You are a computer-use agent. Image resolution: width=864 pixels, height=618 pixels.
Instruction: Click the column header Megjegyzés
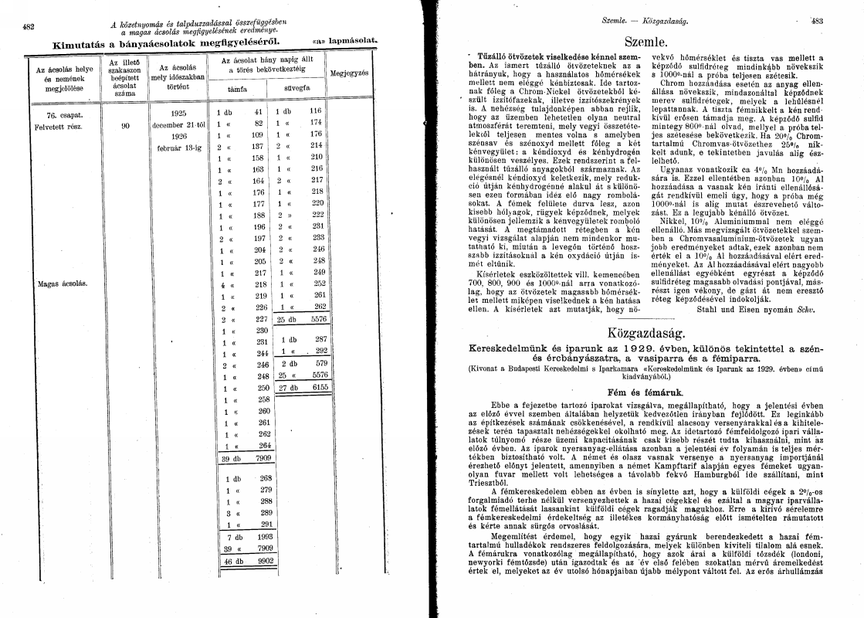coord(348,73)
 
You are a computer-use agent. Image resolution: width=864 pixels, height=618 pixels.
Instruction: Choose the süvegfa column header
coord(297,89)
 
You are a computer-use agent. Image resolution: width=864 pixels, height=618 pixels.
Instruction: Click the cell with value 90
coord(125,124)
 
